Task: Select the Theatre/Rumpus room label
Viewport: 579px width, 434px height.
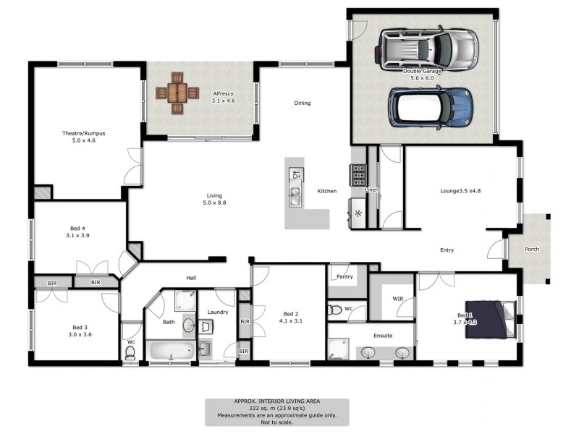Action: point(79,132)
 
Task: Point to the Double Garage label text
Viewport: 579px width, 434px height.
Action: point(422,71)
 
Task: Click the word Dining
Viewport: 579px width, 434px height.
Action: point(302,103)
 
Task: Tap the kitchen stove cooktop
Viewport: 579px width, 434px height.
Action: point(358,174)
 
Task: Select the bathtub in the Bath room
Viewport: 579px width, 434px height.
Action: point(170,351)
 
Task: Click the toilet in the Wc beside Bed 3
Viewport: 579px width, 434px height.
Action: point(131,352)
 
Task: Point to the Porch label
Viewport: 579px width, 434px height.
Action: point(532,250)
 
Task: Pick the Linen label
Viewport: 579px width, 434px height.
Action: point(372,190)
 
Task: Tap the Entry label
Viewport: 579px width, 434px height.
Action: point(447,250)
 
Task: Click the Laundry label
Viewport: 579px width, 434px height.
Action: point(217,312)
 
